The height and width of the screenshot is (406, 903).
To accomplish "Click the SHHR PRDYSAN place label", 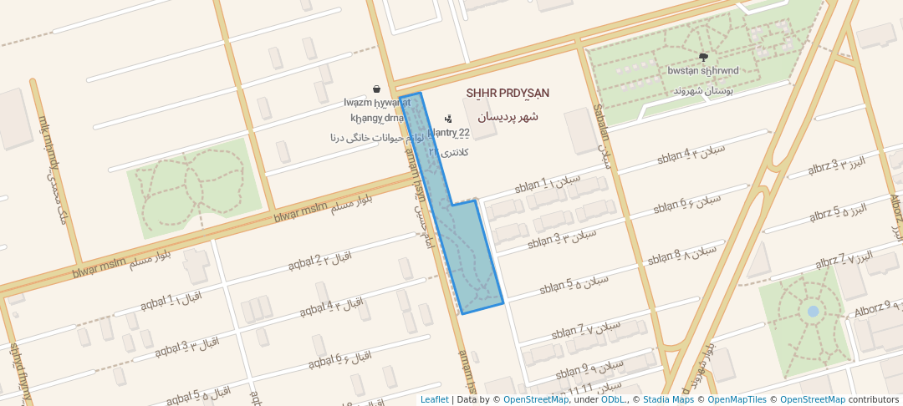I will click(508, 92).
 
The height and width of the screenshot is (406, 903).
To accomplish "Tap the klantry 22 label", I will click(449, 132).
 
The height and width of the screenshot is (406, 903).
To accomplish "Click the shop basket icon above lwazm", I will click(377, 89).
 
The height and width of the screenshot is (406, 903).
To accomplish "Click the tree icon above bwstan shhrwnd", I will click(702, 57).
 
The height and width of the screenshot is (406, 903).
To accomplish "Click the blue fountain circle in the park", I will click(813, 312).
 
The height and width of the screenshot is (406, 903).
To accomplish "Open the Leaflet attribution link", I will click(434, 399).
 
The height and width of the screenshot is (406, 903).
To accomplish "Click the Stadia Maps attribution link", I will click(668, 399).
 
